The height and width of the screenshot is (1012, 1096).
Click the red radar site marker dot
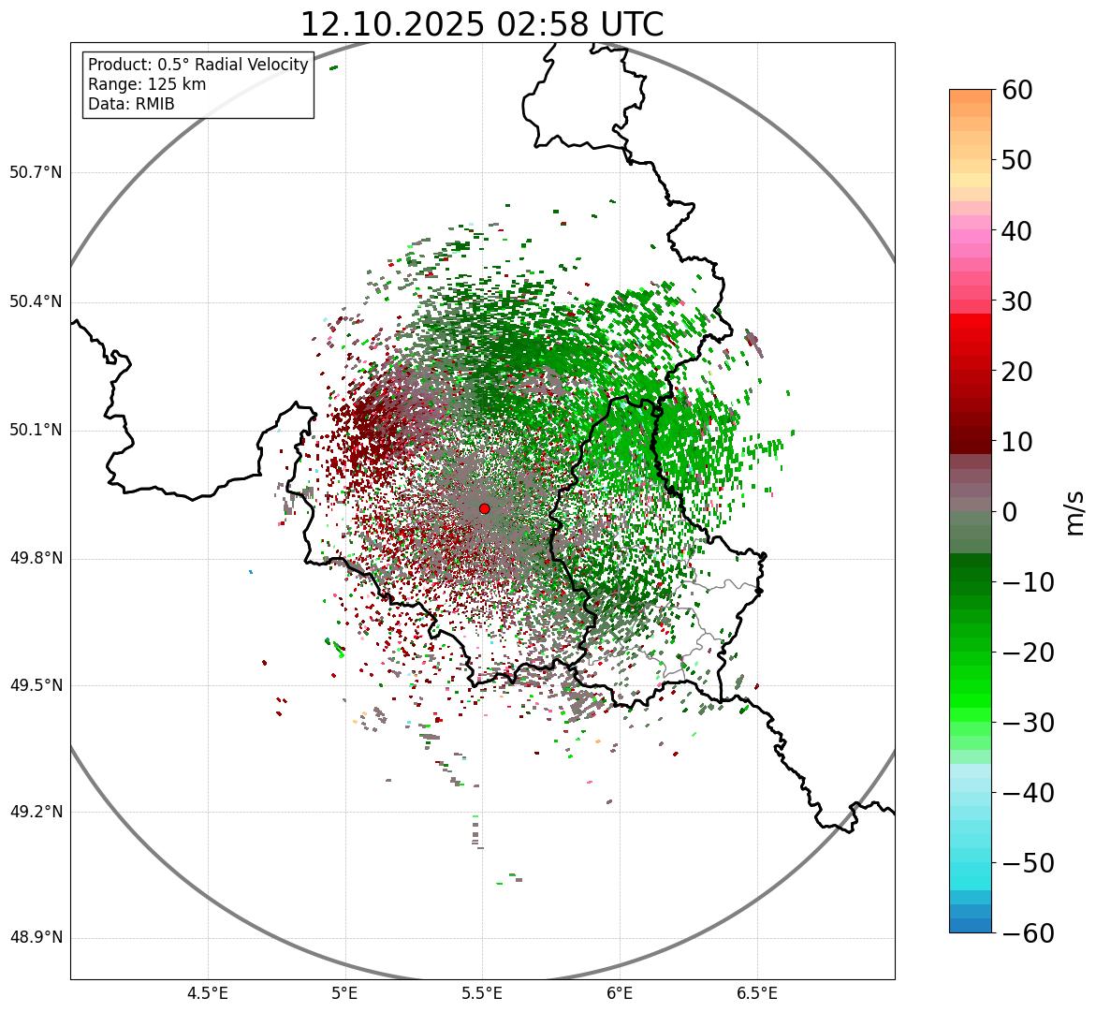click(x=484, y=508)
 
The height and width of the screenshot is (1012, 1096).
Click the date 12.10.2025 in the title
click(x=392, y=24)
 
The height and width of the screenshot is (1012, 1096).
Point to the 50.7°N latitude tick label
click(x=36, y=173)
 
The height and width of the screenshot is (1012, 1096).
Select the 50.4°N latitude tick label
click(x=36, y=302)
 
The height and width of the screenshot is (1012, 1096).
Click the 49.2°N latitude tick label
click(x=36, y=812)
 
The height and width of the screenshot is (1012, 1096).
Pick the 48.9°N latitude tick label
click(x=36, y=938)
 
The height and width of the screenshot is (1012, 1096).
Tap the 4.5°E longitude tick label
click(x=208, y=993)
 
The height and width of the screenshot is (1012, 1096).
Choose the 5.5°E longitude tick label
click(x=482, y=993)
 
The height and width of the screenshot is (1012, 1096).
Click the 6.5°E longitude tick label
click(x=756, y=993)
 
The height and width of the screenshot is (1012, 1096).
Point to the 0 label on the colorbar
click(x=1010, y=512)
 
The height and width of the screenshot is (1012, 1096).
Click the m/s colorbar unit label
click(x=1074, y=512)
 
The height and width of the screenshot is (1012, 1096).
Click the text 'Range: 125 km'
click(x=147, y=84)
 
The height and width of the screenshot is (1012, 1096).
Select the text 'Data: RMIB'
click(x=131, y=104)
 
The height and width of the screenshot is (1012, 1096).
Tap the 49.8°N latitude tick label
click(x=36, y=559)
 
